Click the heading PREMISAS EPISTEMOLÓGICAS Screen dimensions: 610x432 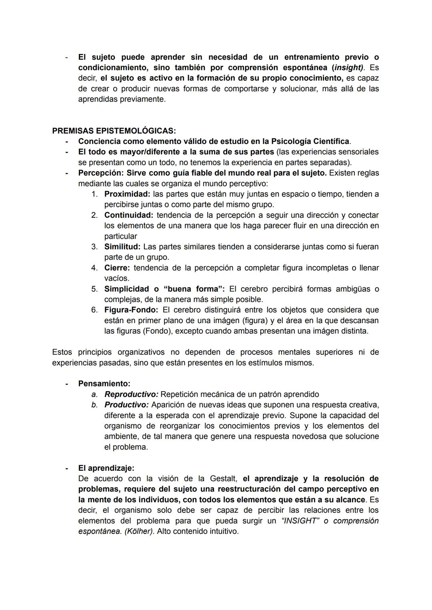coord(114,131)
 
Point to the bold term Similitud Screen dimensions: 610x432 coord(122,247)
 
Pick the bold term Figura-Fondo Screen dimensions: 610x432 coord(131,310)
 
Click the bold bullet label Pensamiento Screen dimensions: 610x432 coord(104,384)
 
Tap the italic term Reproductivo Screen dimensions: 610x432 coord(131,394)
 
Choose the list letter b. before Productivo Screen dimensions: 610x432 coord(94,405)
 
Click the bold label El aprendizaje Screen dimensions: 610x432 coord(106,468)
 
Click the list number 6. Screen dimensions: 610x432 coord(94,310)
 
